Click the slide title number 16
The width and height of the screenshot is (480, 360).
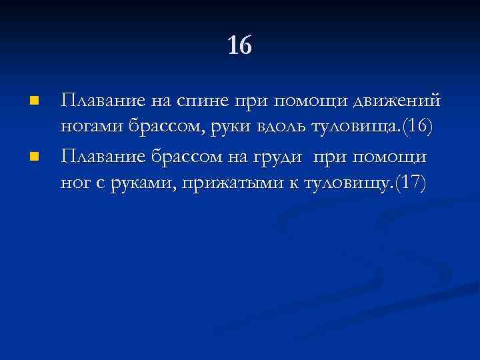point(240,46)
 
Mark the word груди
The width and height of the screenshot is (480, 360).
point(276,157)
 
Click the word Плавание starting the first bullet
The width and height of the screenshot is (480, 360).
point(100,102)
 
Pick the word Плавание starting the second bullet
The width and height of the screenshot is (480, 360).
point(100,157)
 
